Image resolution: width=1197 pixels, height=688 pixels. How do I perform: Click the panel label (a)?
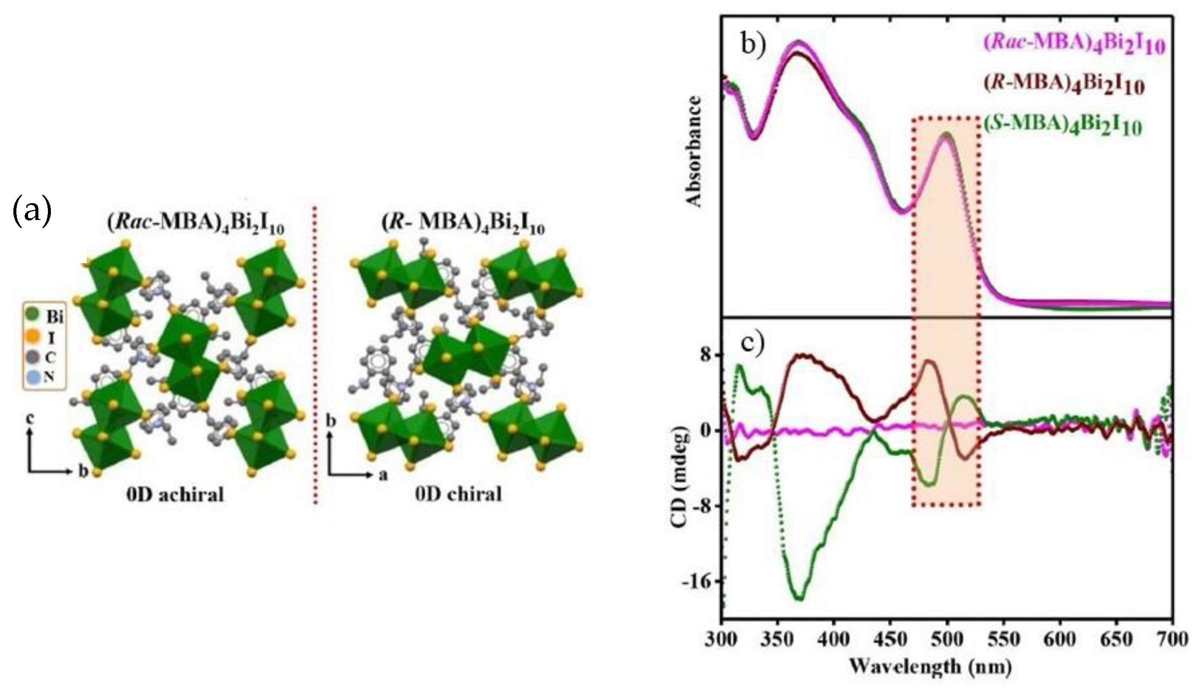tap(31, 213)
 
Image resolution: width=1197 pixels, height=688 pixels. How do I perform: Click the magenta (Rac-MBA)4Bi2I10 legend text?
tap(1074, 46)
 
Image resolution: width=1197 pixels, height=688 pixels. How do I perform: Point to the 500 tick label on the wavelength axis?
tap(948, 640)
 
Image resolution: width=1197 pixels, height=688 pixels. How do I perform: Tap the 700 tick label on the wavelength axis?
tap(1172, 640)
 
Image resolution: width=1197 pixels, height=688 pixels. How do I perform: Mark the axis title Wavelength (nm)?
tap(930, 667)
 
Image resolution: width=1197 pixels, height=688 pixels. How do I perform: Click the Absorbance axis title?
tap(694, 151)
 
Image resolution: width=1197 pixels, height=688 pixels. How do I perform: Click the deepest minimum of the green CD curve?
tap(799, 598)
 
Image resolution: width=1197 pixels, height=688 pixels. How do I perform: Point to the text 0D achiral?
tap(175, 494)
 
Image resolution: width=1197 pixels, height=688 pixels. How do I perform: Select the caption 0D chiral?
tap(459, 494)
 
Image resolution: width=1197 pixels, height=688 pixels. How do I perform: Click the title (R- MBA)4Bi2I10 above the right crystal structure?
tap(462, 226)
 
